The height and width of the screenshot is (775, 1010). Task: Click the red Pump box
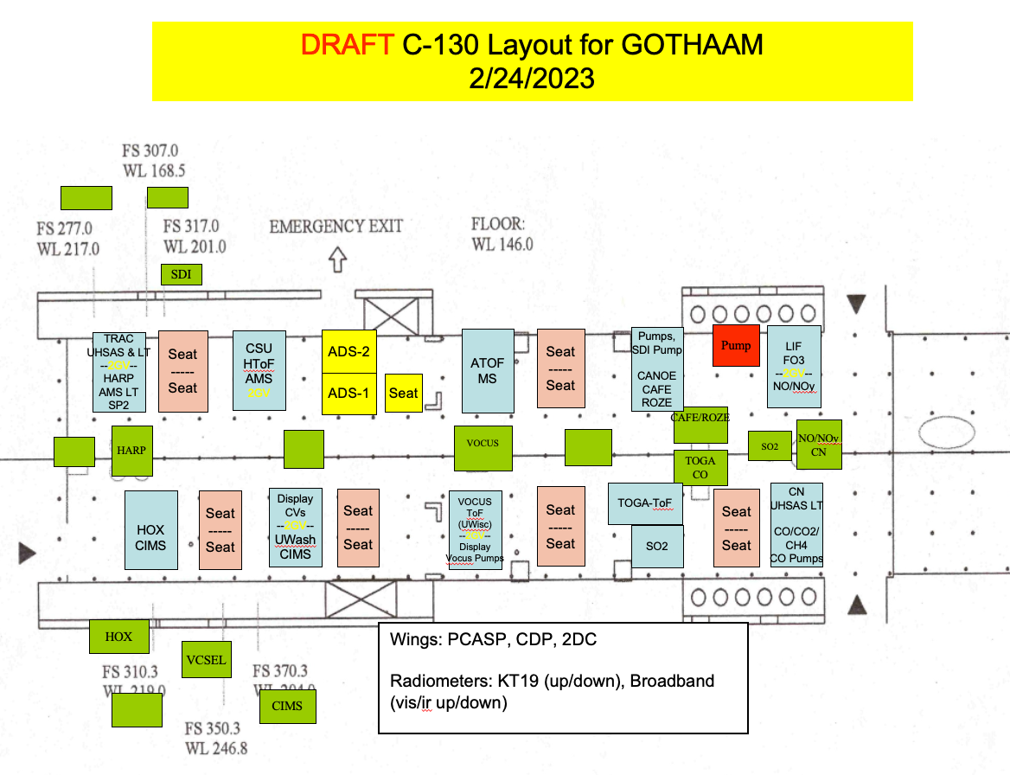[737, 346]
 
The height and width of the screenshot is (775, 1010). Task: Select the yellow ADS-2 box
[349, 351]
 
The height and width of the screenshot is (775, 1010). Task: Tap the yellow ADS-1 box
[349, 393]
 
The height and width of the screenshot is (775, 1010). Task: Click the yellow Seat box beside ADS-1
[404, 393]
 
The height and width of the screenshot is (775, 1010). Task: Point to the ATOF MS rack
[487, 370]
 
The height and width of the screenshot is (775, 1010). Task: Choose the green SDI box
[182, 275]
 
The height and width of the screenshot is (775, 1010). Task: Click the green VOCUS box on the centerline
[483, 444]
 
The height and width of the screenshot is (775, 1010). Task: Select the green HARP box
[132, 451]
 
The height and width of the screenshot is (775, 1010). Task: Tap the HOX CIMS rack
[150, 530]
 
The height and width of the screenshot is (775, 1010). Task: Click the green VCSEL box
[206, 660]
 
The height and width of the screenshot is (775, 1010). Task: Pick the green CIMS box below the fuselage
[287, 706]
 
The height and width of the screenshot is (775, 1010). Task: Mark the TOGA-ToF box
[646, 503]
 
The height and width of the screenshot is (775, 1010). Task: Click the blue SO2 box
[656, 547]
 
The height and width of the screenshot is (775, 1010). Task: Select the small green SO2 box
[770, 446]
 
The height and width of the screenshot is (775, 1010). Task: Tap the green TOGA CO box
[700, 467]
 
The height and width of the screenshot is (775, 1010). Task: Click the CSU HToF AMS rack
[259, 371]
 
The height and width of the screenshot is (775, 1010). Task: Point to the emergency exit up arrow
[338, 260]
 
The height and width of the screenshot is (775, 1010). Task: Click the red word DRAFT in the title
[348, 45]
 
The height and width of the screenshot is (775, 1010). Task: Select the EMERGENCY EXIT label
[336, 227]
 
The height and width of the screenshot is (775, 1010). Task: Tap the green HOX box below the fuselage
[118, 637]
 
